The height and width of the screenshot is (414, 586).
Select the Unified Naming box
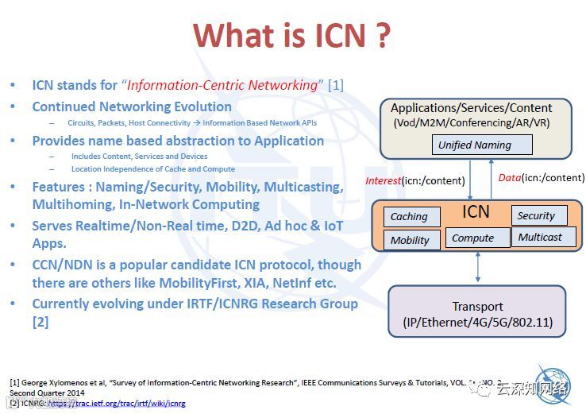click(x=474, y=145)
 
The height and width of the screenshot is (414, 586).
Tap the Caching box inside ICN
click(x=410, y=216)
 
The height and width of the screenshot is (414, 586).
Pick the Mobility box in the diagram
click(x=410, y=240)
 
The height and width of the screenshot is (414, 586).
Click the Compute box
click(x=472, y=238)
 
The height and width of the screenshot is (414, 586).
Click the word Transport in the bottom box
click(x=477, y=306)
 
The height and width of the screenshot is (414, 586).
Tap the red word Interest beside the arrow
click(x=384, y=180)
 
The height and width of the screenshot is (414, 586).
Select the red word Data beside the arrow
click(x=509, y=177)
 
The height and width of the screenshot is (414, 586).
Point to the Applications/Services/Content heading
click(x=471, y=107)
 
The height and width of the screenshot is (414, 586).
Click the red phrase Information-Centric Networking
click(x=222, y=85)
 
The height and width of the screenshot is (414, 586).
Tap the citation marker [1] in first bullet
click(x=336, y=85)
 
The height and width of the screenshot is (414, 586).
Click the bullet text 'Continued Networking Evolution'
click(x=132, y=106)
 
